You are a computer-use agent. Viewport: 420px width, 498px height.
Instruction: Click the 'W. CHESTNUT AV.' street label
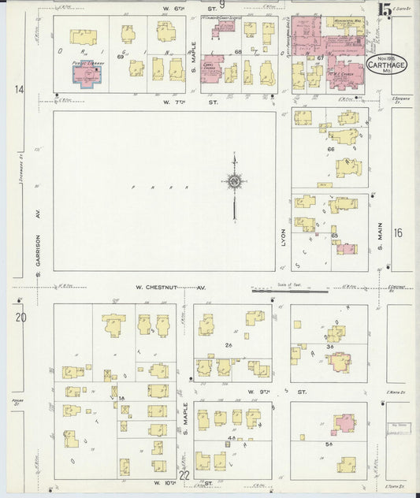pos(169,288)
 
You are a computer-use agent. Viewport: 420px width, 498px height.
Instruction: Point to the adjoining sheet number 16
pos(398,232)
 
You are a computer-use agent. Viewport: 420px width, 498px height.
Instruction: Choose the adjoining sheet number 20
pos(20,318)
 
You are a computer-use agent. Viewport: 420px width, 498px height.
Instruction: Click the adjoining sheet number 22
pos(184,474)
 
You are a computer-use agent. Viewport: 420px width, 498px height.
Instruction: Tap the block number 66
pos(331,149)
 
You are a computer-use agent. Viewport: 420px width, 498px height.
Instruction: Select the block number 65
pos(334,236)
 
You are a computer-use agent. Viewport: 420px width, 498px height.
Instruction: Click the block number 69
pos(121,58)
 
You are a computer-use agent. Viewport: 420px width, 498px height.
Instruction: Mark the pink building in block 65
pos(345,249)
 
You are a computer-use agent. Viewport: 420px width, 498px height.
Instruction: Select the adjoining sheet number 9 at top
pos(222,6)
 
